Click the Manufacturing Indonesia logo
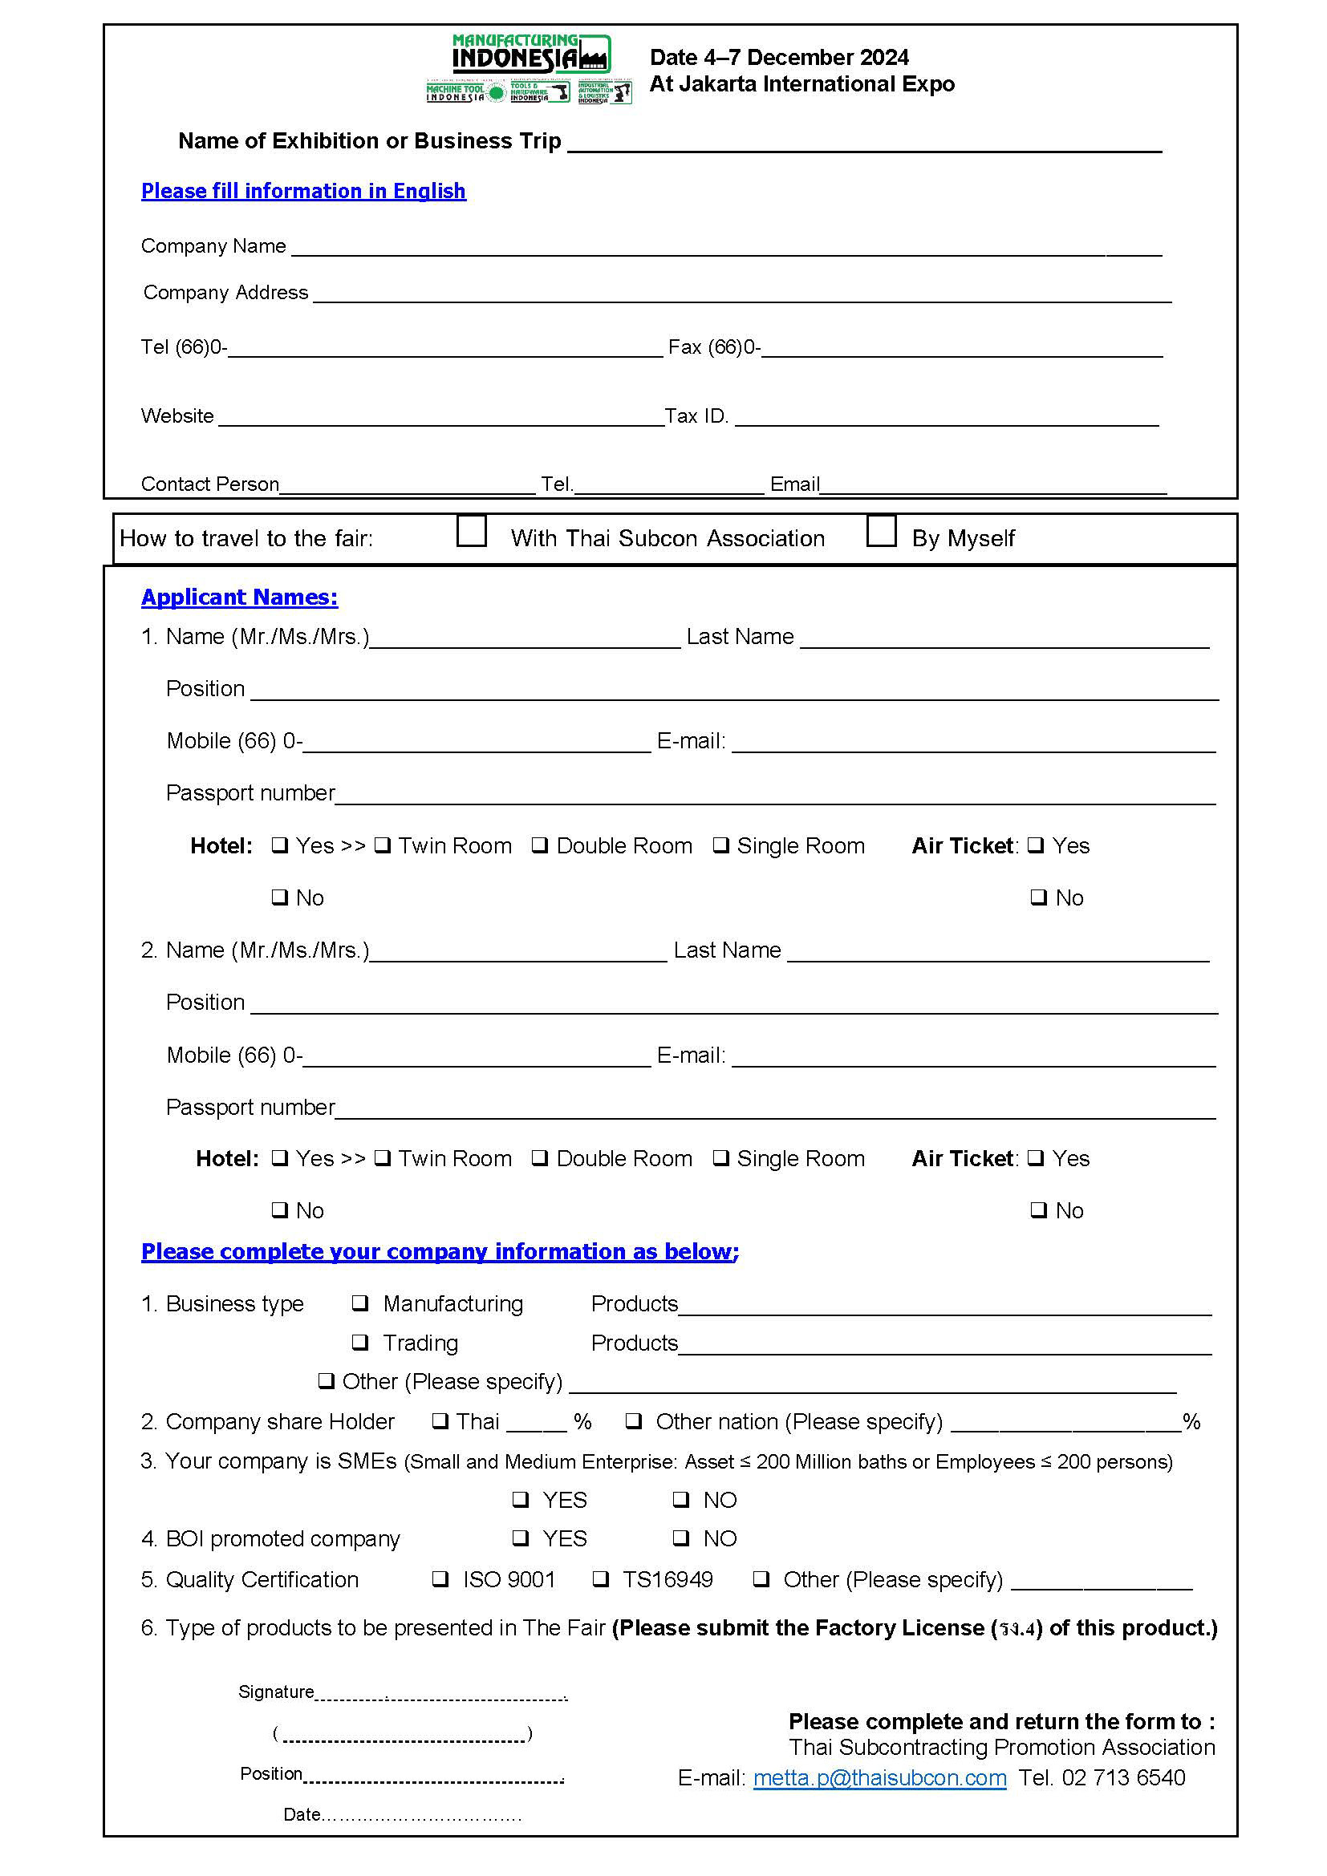[x=530, y=69]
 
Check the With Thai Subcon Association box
[x=472, y=530]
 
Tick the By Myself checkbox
[x=881, y=530]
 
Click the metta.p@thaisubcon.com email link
[x=879, y=1778]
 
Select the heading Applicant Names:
[x=239, y=598]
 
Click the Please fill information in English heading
[x=303, y=191]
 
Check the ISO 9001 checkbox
[x=440, y=1578]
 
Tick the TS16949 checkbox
[x=601, y=1578]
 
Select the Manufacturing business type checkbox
[x=360, y=1303]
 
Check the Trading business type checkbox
[x=360, y=1343]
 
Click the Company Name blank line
[x=725, y=249]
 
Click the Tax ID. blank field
[x=946, y=418]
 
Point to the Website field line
[x=441, y=418]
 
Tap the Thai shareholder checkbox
[x=440, y=1421]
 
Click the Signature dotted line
[x=440, y=1694]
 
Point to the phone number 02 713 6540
[x=1122, y=1778]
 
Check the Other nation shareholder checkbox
[x=633, y=1421]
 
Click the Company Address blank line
[x=742, y=295]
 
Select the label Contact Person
[x=210, y=484]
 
